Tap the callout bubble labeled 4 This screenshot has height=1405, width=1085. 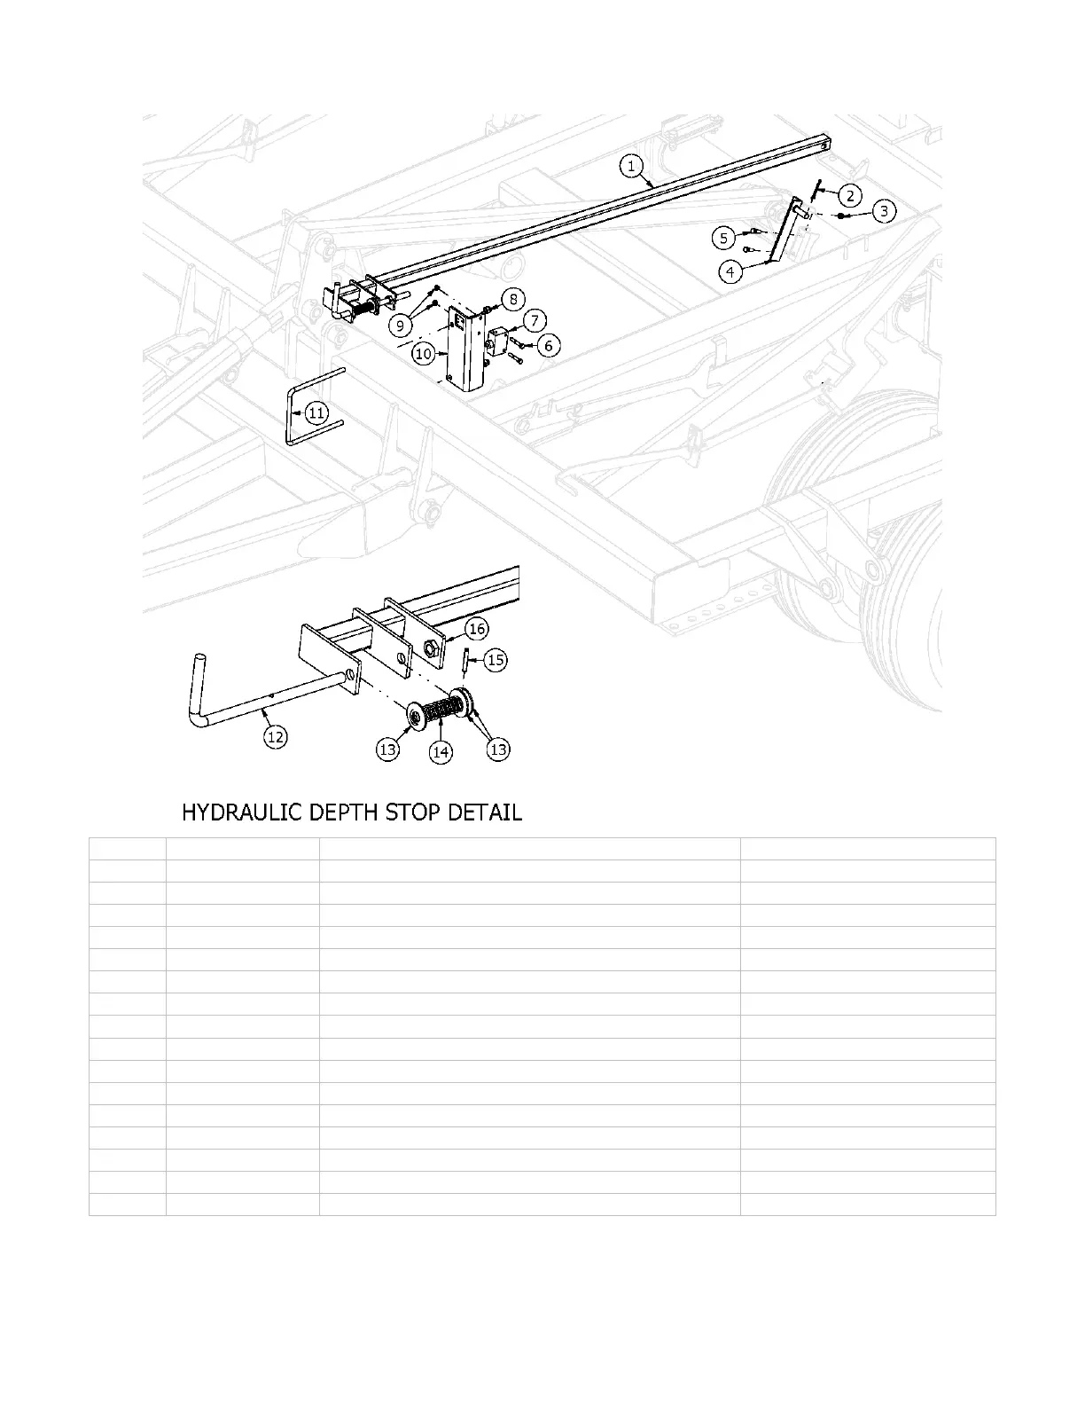[730, 271]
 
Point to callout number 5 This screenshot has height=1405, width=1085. [725, 237]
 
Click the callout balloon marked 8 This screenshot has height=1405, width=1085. [513, 299]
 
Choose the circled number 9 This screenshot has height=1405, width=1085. [401, 326]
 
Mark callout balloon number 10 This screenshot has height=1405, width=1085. [424, 353]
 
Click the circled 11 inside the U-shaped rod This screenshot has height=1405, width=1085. [316, 412]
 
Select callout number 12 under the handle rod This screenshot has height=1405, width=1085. [276, 735]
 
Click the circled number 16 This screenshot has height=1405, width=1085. [477, 629]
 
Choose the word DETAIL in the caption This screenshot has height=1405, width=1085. [488, 812]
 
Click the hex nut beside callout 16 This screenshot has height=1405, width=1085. [433, 650]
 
